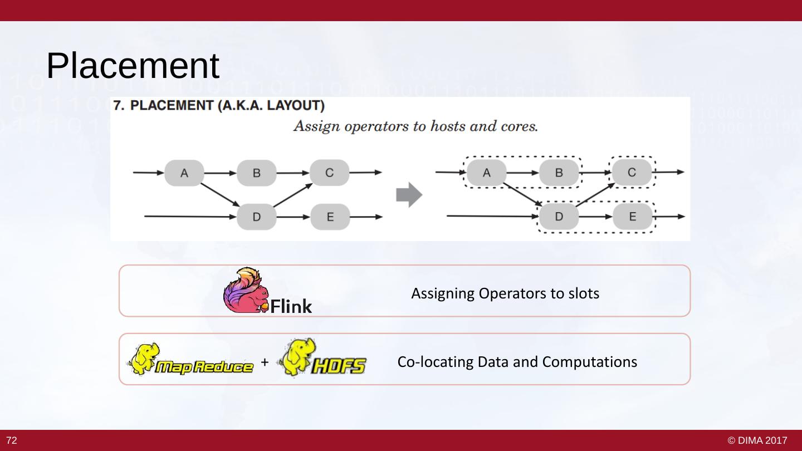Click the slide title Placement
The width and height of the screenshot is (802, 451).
pyautogui.click(x=133, y=66)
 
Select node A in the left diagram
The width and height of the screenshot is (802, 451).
pyautogui.click(x=184, y=173)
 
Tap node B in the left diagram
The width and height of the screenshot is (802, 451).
pyautogui.click(x=257, y=173)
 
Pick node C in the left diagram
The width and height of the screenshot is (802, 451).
pyautogui.click(x=329, y=173)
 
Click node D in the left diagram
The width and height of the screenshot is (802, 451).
pyautogui.click(x=257, y=217)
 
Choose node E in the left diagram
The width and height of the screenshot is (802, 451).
pyautogui.click(x=330, y=217)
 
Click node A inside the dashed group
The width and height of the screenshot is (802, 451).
pyautogui.click(x=486, y=173)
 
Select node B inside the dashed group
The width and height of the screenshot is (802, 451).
pyautogui.click(x=559, y=173)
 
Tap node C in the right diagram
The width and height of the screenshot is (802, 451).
pyautogui.click(x=632, y=173)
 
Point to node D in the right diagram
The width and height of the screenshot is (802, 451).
pyautogui.click(x=559, y=217)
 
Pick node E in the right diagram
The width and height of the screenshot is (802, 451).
pyautogui.click(x=632, y=217)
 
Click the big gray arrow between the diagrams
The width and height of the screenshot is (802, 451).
pyautogui.click(x=409, y=195)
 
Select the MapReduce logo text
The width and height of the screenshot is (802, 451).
pyautogui.click(x=204, y=366)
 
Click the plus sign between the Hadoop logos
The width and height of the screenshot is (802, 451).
pyautogui.click(x=265, y=362)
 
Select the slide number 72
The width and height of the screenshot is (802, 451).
pyautogui.click(x=12, y=441)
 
